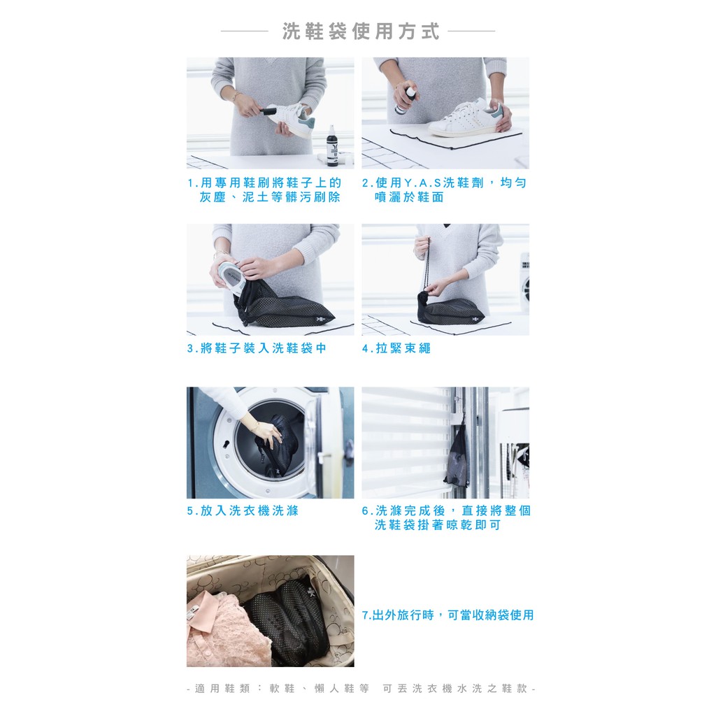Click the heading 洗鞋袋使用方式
[361, 31]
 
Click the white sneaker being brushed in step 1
[292, 120]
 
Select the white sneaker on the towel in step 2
[465, 118]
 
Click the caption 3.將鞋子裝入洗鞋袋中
[257, 348]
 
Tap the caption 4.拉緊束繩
[396, 348]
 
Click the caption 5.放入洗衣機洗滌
[243, 510]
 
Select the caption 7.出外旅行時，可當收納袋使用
[447, 615]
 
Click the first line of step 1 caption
[264, 183]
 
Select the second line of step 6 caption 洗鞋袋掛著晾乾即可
[438, 525]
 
